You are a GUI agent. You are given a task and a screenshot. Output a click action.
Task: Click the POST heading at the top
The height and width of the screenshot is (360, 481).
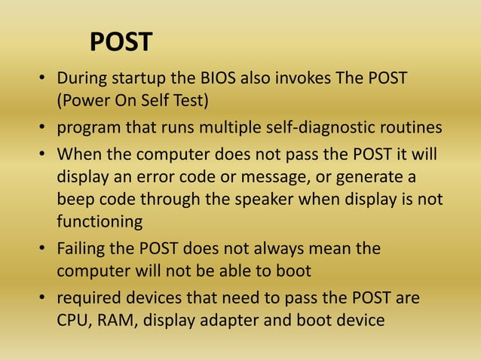pyautogui.click(x=121, y=42)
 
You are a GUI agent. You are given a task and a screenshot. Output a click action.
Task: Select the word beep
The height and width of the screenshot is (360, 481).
pyautogui.click(x=75, y=200)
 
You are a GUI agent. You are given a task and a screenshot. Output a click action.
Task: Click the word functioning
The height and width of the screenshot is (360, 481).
pyautogui.click(x=100, y=222)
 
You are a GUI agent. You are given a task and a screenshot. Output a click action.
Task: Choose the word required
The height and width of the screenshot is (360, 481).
pyautogui.click(x=86, y=298)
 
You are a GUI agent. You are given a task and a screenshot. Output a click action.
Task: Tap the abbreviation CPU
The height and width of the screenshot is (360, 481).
pyautogui.click(x=72, y=320)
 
